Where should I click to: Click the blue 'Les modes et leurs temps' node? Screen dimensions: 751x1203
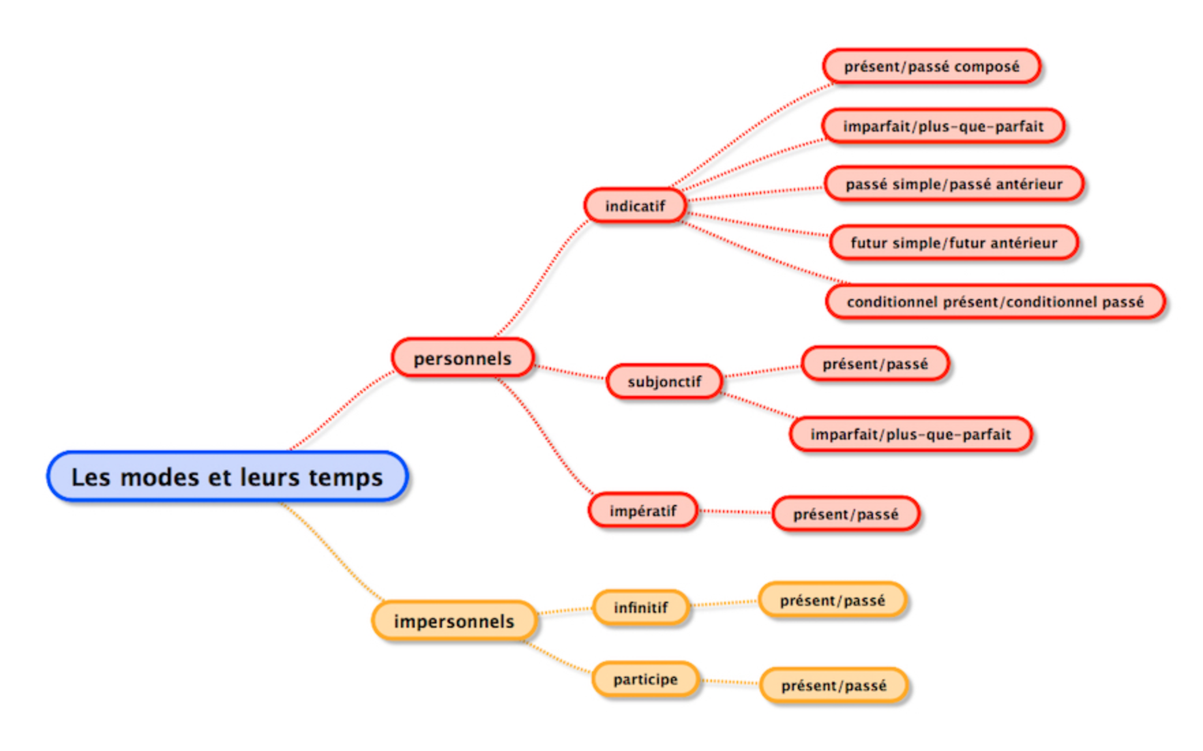click(x=227, y=476)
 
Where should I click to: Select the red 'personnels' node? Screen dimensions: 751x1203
click(x=462, y=358)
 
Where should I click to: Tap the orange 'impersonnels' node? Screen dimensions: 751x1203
click(x=454, y=621)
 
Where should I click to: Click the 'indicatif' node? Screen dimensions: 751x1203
click(x=635, y=206)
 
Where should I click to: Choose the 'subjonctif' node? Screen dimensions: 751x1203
click(x=664, y=382)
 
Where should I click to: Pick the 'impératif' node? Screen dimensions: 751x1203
click(x=643, y=510)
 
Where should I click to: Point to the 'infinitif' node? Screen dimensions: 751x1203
click(x=640, y=607)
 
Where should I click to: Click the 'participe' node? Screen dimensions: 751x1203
click(x=645, y=679)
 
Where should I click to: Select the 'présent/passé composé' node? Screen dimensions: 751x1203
click(x=932, y=67)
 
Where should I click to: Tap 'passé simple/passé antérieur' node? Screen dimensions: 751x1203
click(x=954, y=184)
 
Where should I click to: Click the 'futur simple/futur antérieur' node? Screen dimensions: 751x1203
click(x=954, y=243)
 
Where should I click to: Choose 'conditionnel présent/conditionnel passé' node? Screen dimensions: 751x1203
click(x=995, y=302)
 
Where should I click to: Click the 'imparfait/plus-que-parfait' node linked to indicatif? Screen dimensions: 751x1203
click(x=943, y=126)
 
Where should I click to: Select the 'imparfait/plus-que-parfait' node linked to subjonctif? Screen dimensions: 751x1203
click(x=910, y=434)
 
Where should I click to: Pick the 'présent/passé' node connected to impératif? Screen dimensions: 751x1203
click(x=846, y=514)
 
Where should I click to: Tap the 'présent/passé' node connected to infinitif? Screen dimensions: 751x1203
click(x=833, y=600)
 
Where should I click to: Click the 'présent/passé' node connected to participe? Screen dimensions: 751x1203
click(x=834, y=685)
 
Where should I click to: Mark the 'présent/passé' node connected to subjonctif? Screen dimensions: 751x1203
click(x=875, y=364)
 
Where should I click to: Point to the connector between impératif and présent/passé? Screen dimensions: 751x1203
click(x=735, y=511)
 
